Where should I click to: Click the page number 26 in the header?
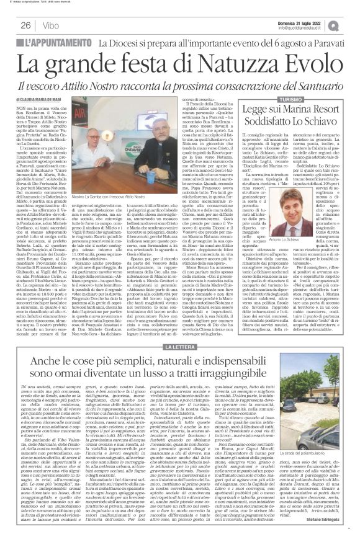pos(26,25)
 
